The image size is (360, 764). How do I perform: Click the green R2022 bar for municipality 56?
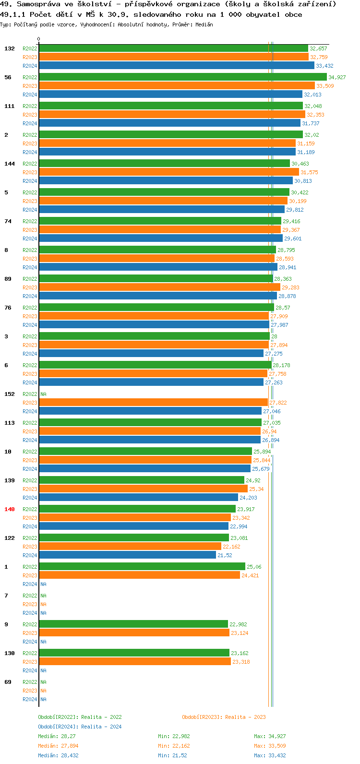tap(182, 77)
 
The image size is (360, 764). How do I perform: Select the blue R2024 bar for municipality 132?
tap(176, 66)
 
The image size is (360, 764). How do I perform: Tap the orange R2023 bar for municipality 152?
tap(153, 403)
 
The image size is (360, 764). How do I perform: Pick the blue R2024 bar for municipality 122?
tap(127, 555)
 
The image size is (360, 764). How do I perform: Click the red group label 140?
tap(10, 509)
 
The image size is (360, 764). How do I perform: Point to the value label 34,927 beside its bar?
tap(337, 77)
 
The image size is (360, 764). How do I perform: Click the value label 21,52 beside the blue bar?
tap(225, 555)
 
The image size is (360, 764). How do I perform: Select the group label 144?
tap(10, 164)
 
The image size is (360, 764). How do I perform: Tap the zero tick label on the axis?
tap(39, 39)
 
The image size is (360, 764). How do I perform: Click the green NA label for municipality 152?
tap(43, 394)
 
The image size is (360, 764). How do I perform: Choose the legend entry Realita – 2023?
tap(224, 717)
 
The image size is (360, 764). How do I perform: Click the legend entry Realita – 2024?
tap(80, 727)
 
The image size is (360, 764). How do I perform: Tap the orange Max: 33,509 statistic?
tap(270, 746)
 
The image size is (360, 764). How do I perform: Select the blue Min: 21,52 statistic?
tap(172, 755)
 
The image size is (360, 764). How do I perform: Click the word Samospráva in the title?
tap(38, 4)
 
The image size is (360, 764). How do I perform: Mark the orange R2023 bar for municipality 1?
tap(139, 575)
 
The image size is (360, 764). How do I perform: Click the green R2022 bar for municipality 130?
tap(134, 653)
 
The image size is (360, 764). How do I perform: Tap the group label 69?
tap(8, 682)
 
